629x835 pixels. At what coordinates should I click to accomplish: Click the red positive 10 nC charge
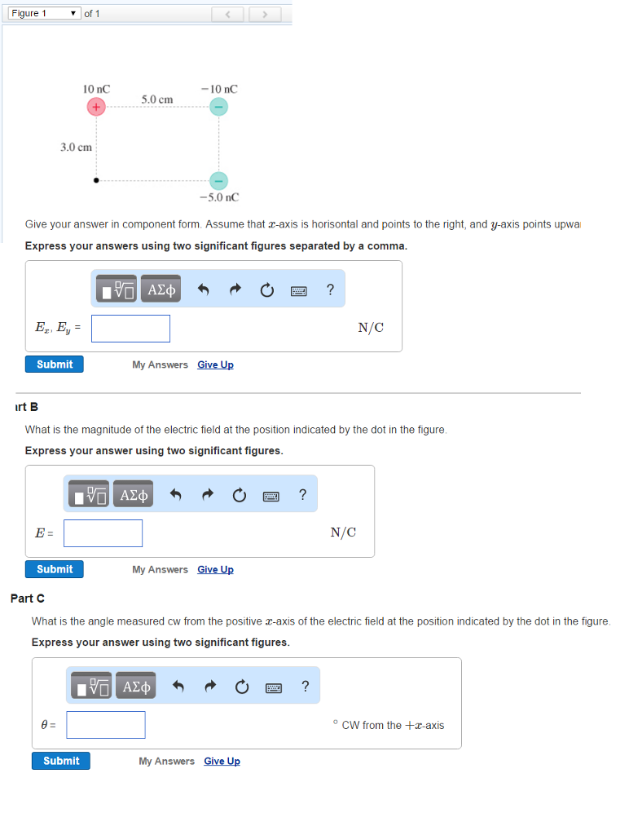(x=96, y=107)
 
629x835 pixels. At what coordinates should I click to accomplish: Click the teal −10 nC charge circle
(x=218, y=107)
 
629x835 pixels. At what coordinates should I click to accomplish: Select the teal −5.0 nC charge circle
(x=218, y=180)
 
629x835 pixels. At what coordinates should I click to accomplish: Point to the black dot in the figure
(x=96, y=180)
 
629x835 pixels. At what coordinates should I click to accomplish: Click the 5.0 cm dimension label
(x=156, y=99)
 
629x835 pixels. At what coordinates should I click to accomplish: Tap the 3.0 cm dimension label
(x=76, y=147)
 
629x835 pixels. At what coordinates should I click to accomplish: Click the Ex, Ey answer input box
(x=130, y=329)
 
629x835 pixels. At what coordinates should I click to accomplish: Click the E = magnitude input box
(x=103, y=533)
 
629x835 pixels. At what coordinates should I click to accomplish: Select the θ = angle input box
(x=106, y=725)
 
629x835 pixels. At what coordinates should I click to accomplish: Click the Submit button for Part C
(x=61, y=761)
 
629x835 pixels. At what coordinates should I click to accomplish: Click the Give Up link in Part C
(x=222, y=762)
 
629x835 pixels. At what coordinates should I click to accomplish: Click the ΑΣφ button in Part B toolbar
(x=134, y=495)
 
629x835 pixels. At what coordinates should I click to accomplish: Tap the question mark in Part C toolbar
(x=305, y=686)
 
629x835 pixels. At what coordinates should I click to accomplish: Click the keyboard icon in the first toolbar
(x=299, y=290)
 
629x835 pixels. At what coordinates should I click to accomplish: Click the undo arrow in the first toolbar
(x=204, y=290)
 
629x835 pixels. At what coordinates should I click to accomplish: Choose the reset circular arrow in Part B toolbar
(x=240, y=495)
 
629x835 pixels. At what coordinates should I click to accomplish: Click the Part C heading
(x=22, y=599)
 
